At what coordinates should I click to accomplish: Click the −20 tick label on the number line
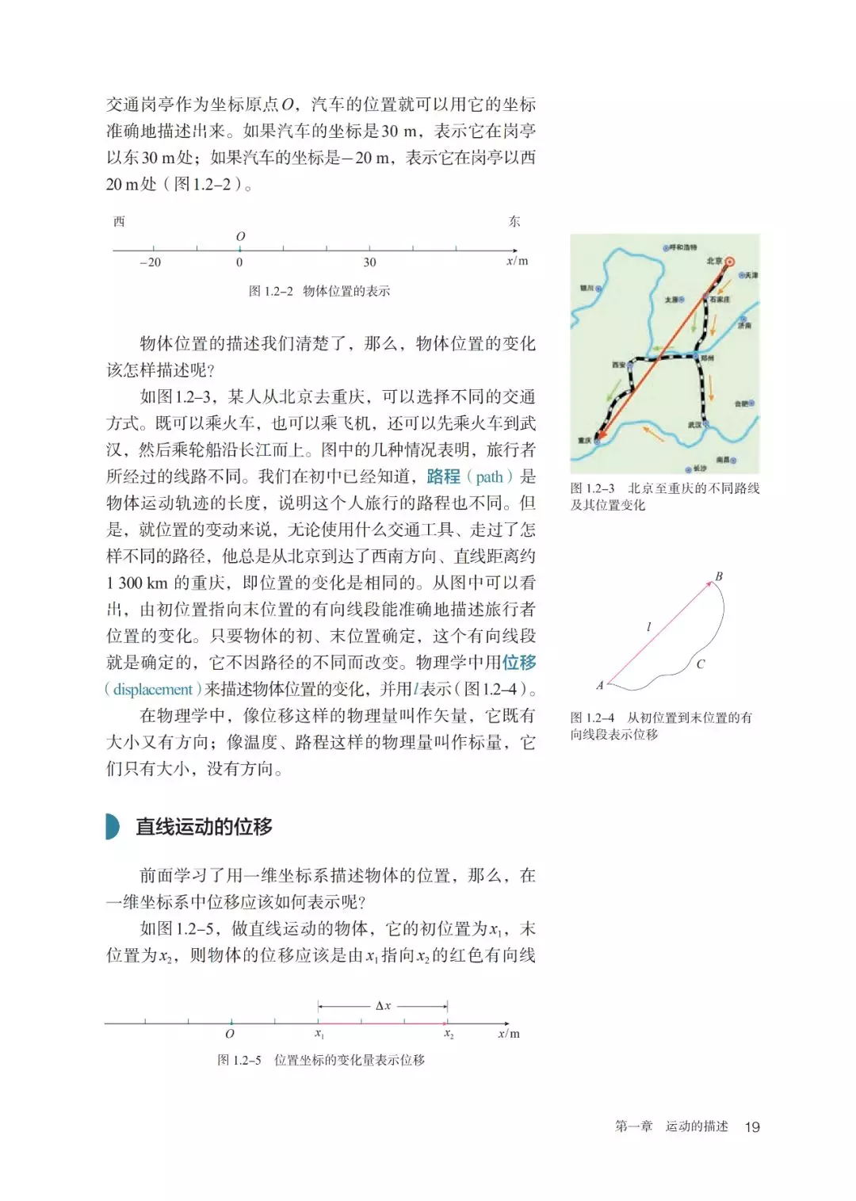[x=150, y=262]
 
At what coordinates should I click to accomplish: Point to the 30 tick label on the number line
[x=369, y=262]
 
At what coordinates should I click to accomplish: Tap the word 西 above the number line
[x=119, y=221]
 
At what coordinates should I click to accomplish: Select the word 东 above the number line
[x=514, y=221]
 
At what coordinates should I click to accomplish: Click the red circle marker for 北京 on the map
[x=730, y=262]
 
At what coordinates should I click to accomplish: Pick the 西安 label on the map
[x=618, y=365]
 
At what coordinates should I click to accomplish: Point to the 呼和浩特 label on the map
[x=683, y=248]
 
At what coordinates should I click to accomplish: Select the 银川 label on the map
[x=587, y=289]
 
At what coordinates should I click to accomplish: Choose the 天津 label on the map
[x=751, y=275]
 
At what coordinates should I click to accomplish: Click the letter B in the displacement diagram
[x=719, y=576]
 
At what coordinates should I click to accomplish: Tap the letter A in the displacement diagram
[x=600, y=685]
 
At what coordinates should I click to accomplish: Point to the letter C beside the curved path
[x=700, y=664]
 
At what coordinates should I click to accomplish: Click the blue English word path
[x=489, y=476]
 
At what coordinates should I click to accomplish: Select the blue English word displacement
[x=153, y=689]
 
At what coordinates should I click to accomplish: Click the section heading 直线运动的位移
[x=204, y=827]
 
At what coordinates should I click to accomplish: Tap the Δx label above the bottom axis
[x=383, y=1005]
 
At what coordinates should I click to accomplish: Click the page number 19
[x=751, y=1126]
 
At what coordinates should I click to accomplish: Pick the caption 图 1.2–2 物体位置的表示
[x=319, y=291]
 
